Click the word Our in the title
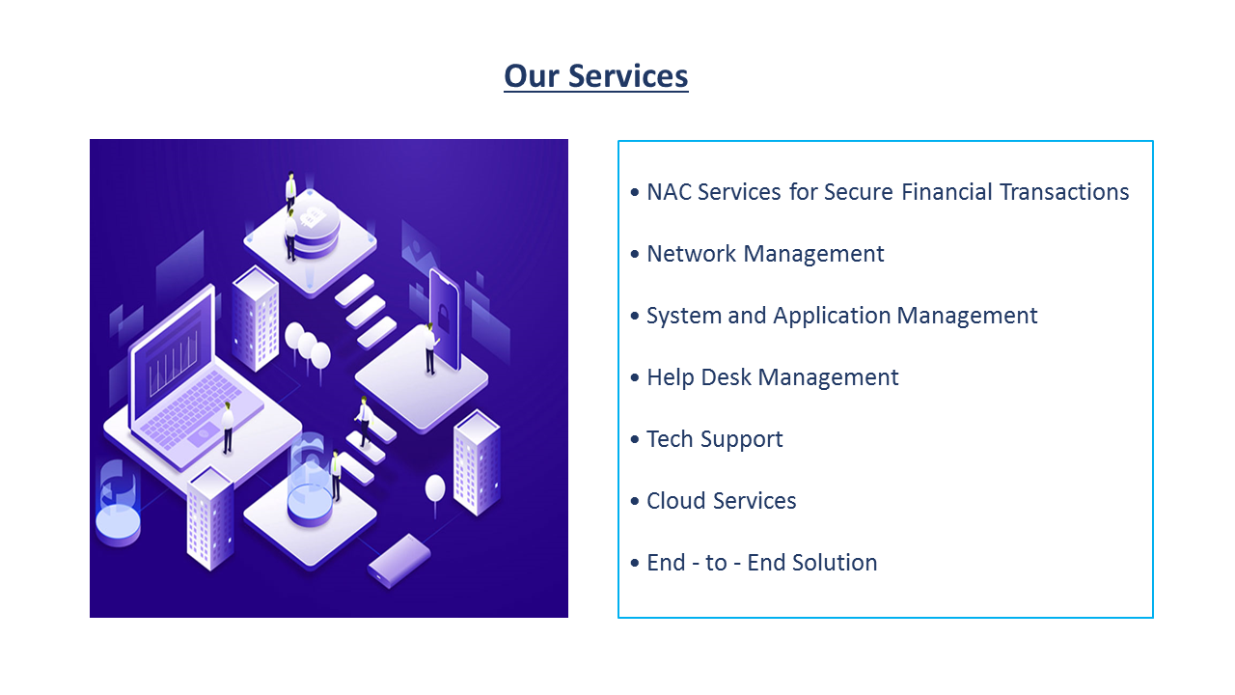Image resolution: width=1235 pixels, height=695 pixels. pos(531,75)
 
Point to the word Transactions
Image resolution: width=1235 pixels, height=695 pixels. pos(1064,192)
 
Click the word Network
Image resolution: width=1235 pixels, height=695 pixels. pos(692,254)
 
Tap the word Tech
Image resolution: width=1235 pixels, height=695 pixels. pos(670,439)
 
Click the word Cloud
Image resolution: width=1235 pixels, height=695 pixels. pos(676,501)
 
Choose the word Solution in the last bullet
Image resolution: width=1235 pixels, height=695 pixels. pos(835,563)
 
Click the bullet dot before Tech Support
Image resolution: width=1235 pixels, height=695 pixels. pos(635,439)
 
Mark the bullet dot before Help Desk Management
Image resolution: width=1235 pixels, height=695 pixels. pos(635,377)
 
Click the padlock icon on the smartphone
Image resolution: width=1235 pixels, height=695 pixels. pos(443,319)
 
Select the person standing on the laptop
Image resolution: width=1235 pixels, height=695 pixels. pos(227,428)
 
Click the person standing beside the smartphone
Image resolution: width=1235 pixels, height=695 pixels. pos(429,348)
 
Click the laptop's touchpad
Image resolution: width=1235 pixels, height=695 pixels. pos(203,435)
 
